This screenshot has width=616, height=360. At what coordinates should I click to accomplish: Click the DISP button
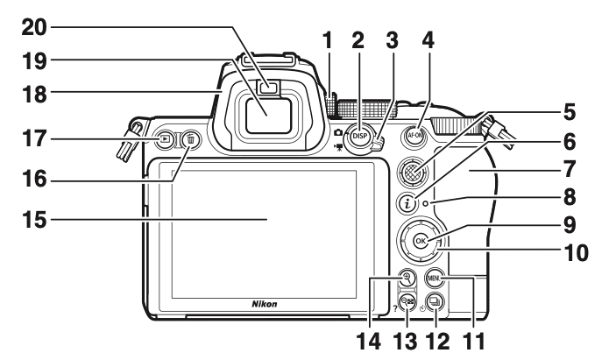pyautogui.click(x=358, y=136)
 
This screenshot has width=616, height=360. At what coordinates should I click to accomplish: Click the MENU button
pyautogui.click(x=435, y=279)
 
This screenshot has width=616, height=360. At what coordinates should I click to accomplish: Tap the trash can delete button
pyautogui.click(x=191, y=138)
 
